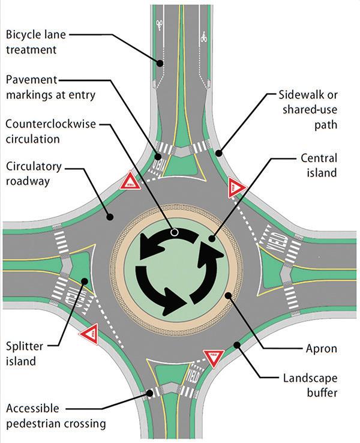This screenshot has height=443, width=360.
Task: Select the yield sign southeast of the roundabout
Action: tap(214, 358)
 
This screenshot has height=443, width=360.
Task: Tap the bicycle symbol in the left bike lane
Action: tap(160, 25)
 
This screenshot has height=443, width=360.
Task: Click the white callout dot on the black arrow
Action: tap(174, 231)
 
